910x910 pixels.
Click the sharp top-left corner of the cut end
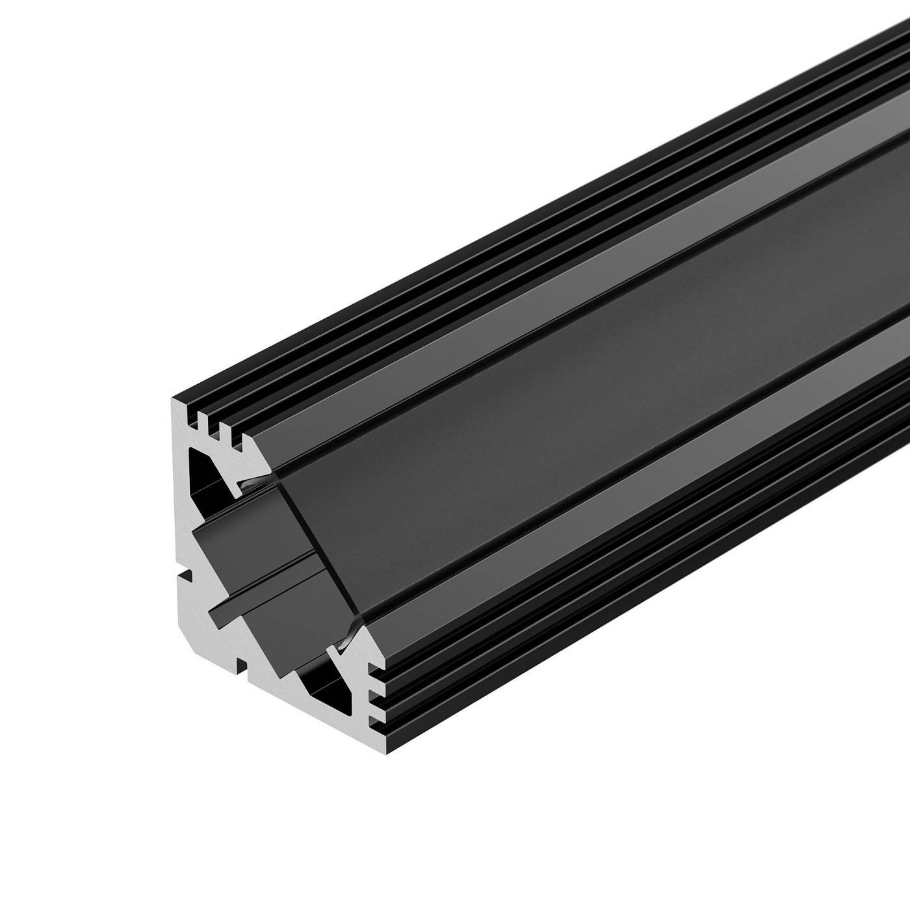point(174,398)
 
